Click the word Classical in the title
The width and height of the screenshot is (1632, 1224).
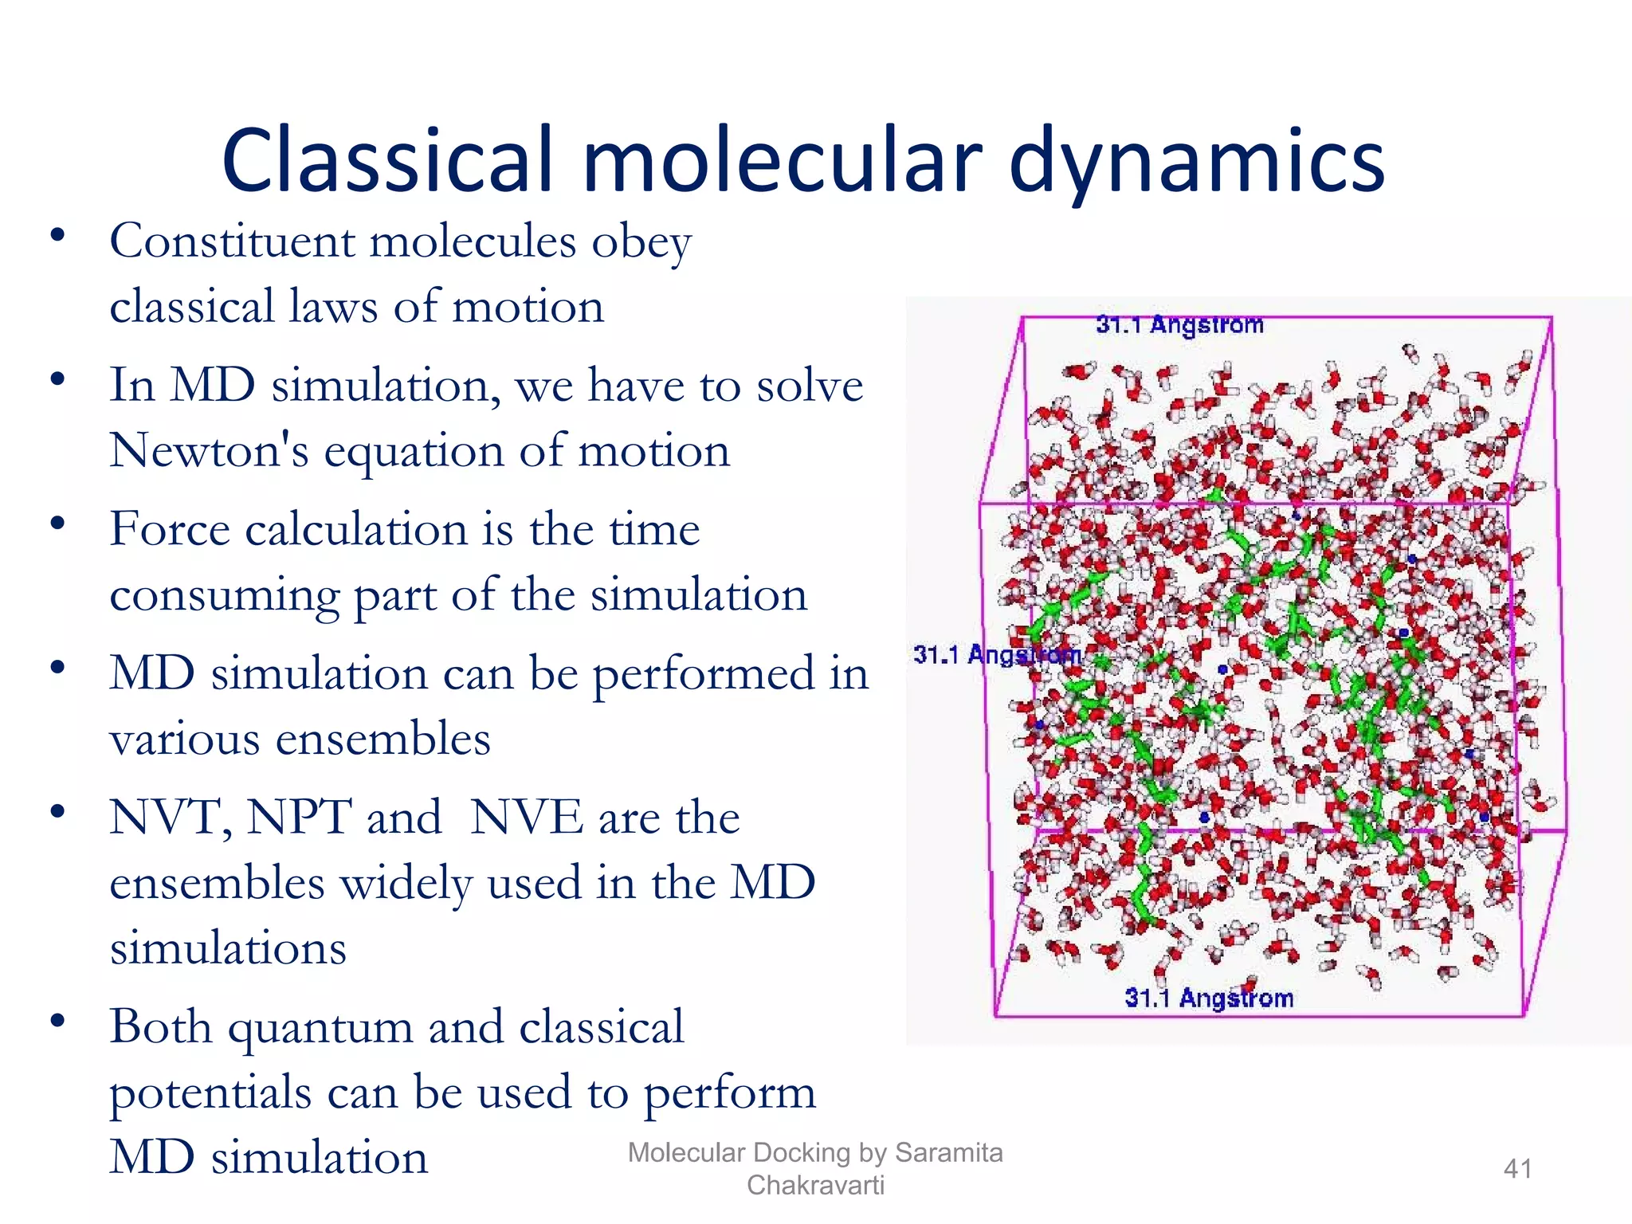coord(387,162)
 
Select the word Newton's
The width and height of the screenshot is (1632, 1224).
coord(209,451)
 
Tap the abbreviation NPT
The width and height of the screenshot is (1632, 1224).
coord(299,818)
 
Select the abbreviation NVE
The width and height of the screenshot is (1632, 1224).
coord(527,818)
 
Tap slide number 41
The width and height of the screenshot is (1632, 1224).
coord(1517,1169)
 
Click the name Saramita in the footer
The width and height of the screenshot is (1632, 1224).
coord(948,1153)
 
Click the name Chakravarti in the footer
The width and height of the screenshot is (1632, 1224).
coord(815,1186)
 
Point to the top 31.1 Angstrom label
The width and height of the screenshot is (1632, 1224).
coord(1179,325)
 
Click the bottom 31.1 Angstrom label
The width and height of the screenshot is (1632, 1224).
coord(1209,998)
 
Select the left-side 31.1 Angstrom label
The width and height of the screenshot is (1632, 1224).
coord(996,655)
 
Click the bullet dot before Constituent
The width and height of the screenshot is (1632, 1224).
coord(57,236)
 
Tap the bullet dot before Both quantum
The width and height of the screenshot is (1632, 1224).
coord(57,1022)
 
